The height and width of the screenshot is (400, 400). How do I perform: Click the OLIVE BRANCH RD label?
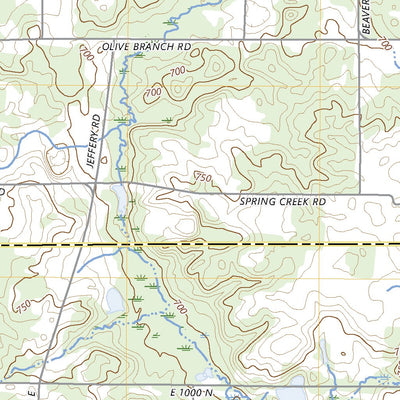click(x=146, y=47)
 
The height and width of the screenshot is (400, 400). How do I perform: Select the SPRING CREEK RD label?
click(x=283, y=201)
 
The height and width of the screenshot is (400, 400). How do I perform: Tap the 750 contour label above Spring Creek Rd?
click(x=203, y=178)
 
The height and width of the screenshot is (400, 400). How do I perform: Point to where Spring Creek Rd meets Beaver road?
click(x=358, y=194)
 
